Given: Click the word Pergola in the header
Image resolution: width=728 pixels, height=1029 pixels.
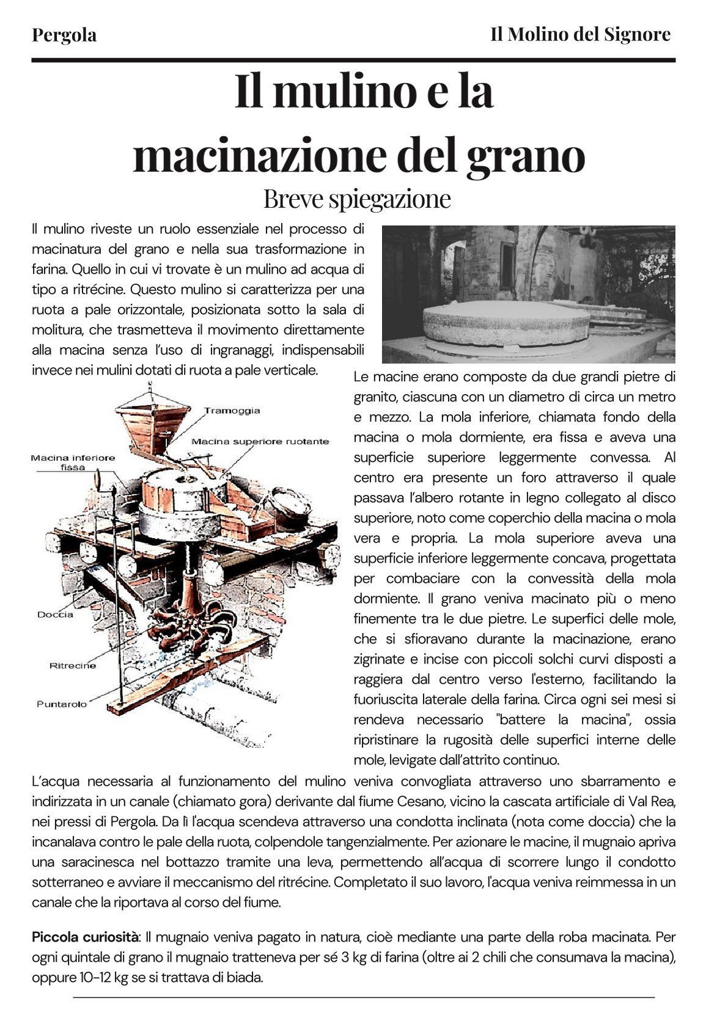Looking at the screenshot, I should coord(64,35).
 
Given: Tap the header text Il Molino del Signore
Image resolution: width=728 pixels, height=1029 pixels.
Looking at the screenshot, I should coord(580,34).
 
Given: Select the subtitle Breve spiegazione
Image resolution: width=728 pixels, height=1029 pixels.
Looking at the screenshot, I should coord(357,199).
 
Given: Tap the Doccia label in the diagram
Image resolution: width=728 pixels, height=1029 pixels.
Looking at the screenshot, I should coord(56,615).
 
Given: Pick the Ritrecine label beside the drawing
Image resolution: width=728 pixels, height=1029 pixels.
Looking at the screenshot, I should coord(73,665).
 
